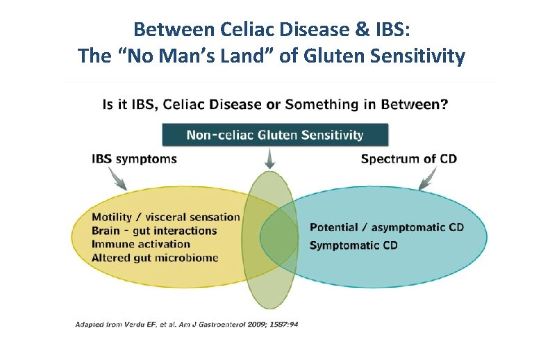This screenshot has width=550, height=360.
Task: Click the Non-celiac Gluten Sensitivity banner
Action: tap(275, 135)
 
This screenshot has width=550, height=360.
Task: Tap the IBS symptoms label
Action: tap(134, 159)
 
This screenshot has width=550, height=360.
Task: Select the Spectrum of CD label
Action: tap(409, 159)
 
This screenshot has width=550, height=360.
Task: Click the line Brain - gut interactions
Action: tap(154, 231)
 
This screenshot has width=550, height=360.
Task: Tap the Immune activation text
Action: tap(140, 244)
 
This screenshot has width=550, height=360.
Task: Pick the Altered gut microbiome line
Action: tap(155, 257)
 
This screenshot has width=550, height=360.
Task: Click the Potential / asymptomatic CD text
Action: tap(387, 227)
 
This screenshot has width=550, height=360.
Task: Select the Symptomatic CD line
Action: tap(353, 245)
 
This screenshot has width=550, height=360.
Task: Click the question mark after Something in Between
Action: tap(444, 105)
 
